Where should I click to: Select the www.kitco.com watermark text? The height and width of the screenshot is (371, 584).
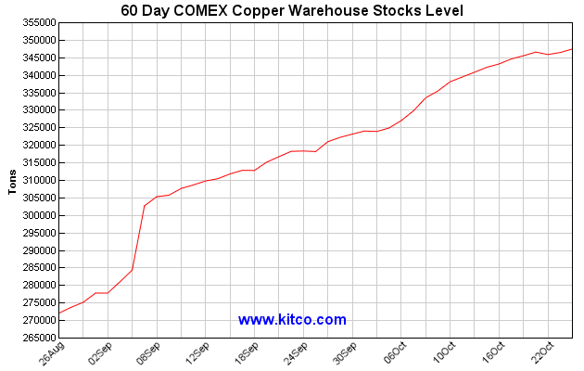click(292, 320)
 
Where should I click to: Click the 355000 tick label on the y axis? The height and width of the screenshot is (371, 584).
click(36, 22)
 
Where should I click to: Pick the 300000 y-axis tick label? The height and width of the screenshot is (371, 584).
click(36, 215)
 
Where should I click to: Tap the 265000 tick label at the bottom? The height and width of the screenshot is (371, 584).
click(36, 339)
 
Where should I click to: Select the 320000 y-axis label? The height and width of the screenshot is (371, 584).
click(36, 146)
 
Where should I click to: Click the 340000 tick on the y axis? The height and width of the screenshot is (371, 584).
click(36, 75)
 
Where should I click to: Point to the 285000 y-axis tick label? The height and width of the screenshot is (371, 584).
click(36, 268)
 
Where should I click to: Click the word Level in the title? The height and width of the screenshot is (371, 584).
click(440, 10)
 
